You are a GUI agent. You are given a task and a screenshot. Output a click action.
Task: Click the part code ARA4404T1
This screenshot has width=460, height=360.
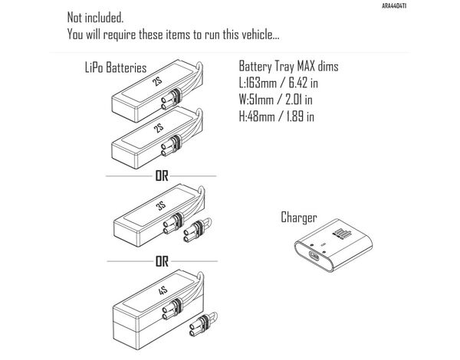[x=438, y=5]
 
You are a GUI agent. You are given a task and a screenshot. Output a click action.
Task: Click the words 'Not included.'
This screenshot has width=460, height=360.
[x=95, y=17]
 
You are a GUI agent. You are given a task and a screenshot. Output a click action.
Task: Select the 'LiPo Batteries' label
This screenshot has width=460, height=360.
[x=115, y=67]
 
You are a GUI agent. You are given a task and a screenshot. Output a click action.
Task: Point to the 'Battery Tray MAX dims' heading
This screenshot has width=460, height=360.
[x=288, y=67]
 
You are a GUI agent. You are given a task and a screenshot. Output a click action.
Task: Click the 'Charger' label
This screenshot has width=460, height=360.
[x=299, y=218]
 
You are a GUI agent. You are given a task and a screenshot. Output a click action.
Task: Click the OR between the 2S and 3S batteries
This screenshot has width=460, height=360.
[x=161, y=175]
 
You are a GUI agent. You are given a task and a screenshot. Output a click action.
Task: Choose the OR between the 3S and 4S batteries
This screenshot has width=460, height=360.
[x=161, y=260]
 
